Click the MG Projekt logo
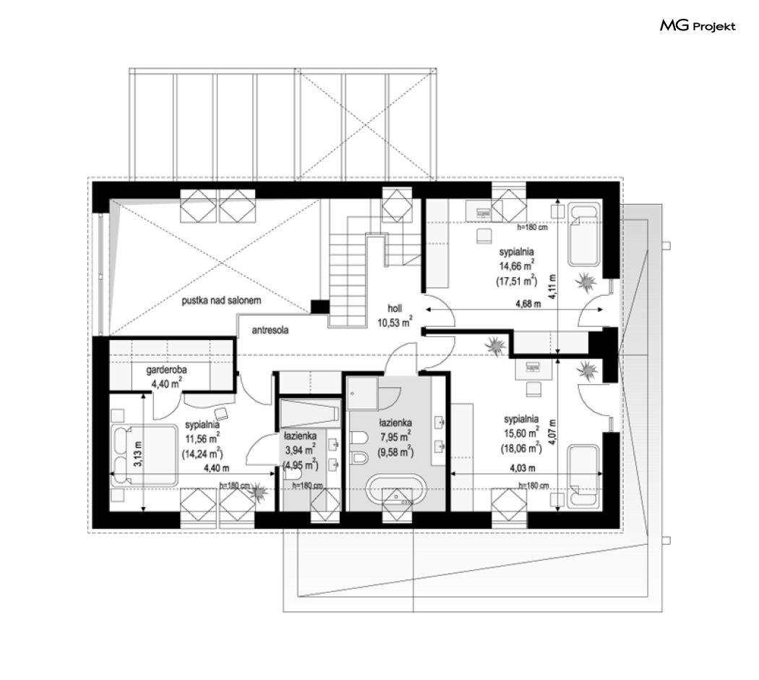tap(698, 25)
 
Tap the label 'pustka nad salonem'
tap(221, 301)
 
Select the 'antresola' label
tap(270, 331)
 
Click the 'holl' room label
tap(395, 308)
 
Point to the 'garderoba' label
tap(166, 370)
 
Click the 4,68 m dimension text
tap(528, 304)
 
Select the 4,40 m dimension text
tap(216, 468)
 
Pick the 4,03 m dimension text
tap(523, 468)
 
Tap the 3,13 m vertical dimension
tap(138, 455)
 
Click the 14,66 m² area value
tap(517, 265)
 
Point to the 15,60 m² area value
tap(521, 433)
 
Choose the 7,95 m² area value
tap(395, 436)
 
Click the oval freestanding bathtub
tap(396, 490)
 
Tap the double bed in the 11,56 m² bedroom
tap(144, 455)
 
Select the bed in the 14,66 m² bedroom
tap(584, 235)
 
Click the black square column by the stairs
tap(320, 307)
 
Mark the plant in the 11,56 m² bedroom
tap(259, 491)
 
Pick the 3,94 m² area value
tap(300, 450)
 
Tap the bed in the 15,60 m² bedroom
tap(583, 477)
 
